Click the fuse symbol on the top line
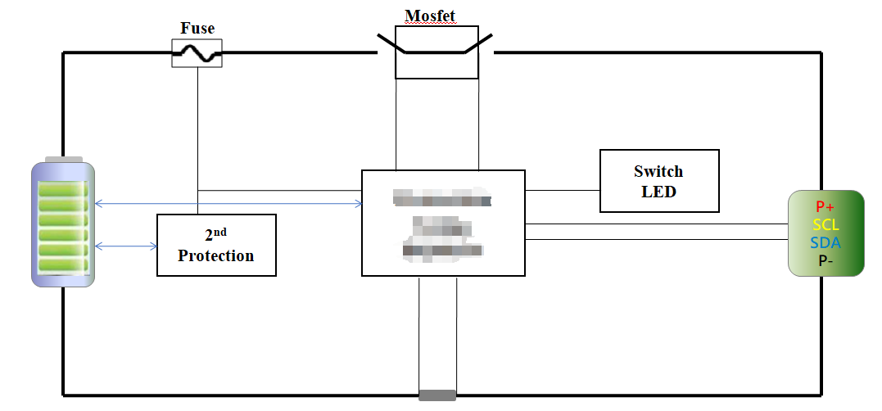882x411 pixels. point(197,54)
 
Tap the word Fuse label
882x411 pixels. point(197,29)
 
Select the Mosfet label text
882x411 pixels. point(430,16)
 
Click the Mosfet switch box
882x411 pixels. point(436,52)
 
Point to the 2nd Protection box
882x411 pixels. point(216,245)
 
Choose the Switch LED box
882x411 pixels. point(659,180)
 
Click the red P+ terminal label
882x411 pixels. point(825,207)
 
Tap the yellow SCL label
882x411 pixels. point(825,225)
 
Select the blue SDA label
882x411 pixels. point(825,243)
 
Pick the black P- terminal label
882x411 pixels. point(825,260)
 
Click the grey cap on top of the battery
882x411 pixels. point(63,159)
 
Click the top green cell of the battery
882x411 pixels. point(63,189)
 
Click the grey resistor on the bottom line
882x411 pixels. point(436,396)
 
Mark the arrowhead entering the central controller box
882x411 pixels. point(359,203)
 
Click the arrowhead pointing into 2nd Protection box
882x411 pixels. point(153,246)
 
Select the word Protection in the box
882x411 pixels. point(216,255)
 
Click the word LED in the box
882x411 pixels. point(659,191)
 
